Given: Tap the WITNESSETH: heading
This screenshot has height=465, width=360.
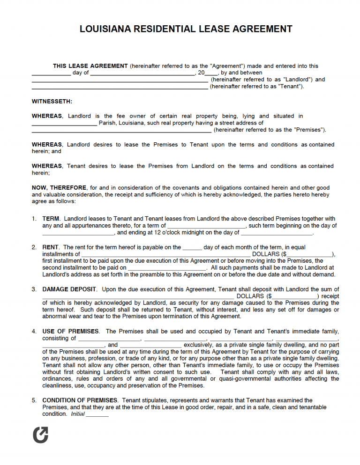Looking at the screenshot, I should [x=52, y=101].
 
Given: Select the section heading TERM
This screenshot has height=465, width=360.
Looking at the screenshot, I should [x=51, y=219].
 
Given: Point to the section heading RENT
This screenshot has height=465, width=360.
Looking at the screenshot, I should [x=51, y=247].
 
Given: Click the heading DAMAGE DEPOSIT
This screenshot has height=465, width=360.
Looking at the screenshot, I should [x=69, y=289].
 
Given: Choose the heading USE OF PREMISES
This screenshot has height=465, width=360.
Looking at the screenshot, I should [x=70, y=332].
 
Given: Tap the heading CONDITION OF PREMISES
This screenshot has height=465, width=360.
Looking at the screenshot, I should [x=80, y=400].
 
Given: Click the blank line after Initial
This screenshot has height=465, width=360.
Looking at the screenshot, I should [x=97, y=414].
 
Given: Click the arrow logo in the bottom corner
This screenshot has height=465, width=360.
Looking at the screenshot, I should [x=40, y=435].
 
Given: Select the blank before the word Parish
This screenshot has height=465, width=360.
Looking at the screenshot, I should [x=64, y=123].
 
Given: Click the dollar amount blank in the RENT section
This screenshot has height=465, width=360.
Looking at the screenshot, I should [x=309, y=254].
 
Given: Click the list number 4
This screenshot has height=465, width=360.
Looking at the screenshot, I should [x=34, y=332].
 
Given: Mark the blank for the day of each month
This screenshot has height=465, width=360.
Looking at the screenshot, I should [x=192, y=248].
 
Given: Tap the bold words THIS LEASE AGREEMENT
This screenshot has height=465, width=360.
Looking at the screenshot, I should [x=90, y=66].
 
